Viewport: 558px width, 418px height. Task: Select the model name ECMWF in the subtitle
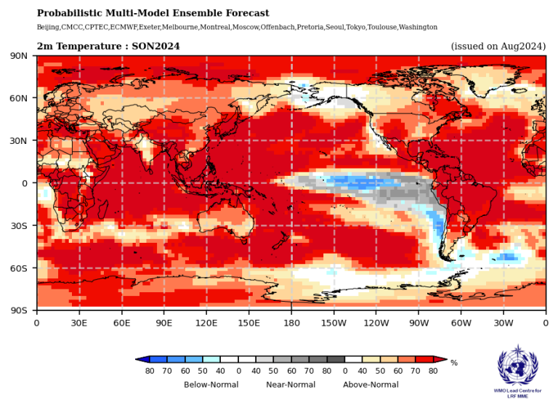tap(121, 27)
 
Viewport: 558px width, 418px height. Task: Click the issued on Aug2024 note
tap(498, 47)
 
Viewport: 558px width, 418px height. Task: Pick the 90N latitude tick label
tap(18, 56)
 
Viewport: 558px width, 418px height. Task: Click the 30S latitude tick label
tap(19, 225)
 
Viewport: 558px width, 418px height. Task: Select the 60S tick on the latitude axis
tap(19, 268)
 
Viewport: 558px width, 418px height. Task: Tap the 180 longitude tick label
tap(291, 321)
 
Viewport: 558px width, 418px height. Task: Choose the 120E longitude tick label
tap(206, 321)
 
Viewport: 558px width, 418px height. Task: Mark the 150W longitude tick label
tap(333, 321)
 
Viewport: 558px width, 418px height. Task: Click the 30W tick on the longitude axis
tap(503, 321)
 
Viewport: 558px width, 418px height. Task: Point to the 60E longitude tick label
tap(121, 321)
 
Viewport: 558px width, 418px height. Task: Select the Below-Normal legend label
tap(211, 385)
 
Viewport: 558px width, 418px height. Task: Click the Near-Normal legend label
tap(290, 385)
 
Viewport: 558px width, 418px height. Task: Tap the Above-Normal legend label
tap(371, 385)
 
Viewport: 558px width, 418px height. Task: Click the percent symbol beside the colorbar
tap(454, 362)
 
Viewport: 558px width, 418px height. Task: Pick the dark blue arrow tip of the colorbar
tap(141, 359)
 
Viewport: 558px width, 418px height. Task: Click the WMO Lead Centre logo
tap(518, 371)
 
